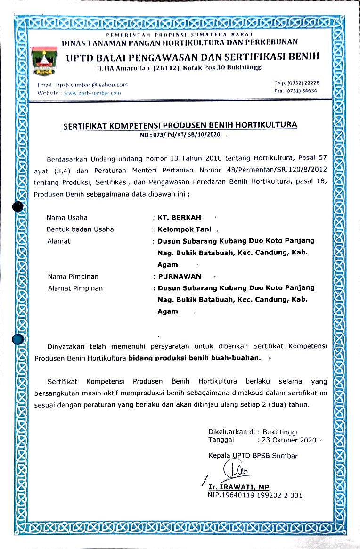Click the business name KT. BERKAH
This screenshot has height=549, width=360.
pyautogui.click(x=180, y=218)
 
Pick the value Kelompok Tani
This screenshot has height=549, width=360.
pyautogui.click(x=185, y=229)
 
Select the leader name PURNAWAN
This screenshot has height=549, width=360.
pyautogui.click(x=180, y=276)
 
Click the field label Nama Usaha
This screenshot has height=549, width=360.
pyautogui.click(x=67, y=218)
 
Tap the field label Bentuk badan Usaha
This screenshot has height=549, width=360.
pyautogui.click(x=80, y=229)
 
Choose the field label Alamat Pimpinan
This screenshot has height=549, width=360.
pyautogui.click(x=75, y=288)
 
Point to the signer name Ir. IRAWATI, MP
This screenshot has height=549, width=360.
pyautogui.click(x=238, y=487)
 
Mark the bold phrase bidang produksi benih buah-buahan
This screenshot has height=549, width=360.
pyautogui.click(x=195, y=357)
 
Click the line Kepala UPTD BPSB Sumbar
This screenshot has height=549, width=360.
pyautogui.click(x=253, y=456)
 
